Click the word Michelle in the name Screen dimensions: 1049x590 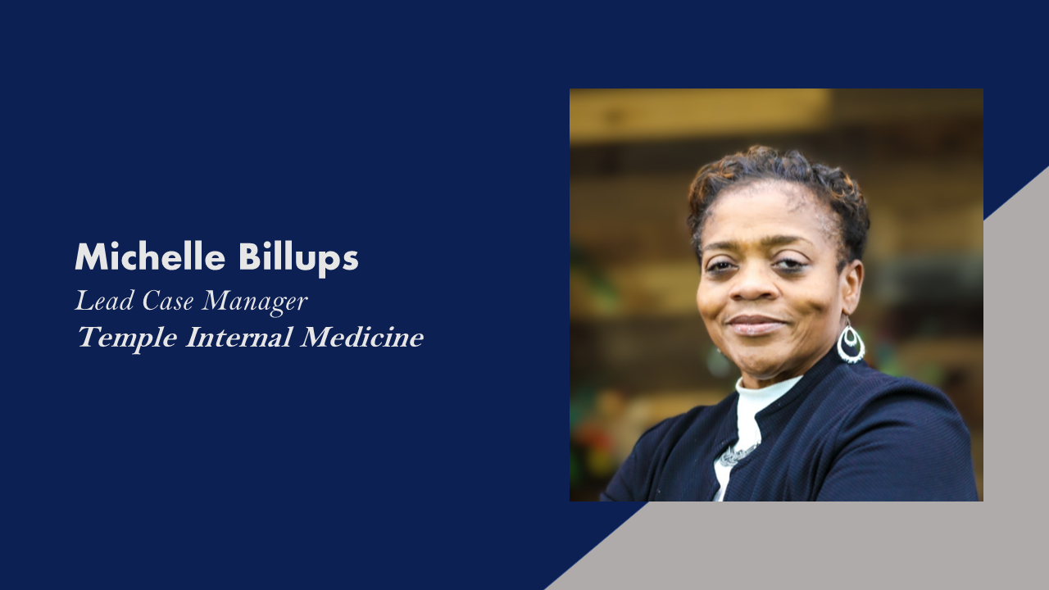150,256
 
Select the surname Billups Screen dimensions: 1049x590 298,259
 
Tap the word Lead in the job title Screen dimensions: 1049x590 104,301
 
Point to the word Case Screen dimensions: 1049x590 168,301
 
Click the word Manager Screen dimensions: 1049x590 255,302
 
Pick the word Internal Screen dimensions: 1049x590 238,337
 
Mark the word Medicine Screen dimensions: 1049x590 362,337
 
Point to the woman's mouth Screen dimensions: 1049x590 755,324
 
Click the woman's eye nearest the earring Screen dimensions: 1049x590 790,265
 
